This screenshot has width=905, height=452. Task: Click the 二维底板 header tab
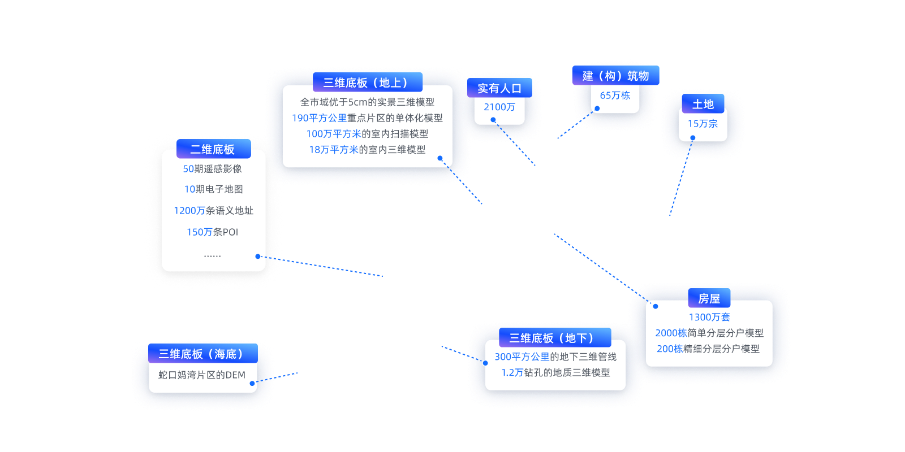coord(213,149)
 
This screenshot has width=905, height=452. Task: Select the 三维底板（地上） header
coord(368,82)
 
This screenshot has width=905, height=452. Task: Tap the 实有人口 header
coord(499,88)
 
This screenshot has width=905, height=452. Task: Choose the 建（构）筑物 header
coord(616,76)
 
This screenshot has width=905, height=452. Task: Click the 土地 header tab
coord(703,104)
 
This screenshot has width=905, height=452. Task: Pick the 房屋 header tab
coord(709,298)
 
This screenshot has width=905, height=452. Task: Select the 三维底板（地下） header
coord(555,337)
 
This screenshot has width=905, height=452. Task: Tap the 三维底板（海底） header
coord(203,354)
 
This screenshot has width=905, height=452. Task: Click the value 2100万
coord(499,107)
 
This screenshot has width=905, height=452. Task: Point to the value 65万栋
coord(615,95)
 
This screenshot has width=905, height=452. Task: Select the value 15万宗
coord(703,124)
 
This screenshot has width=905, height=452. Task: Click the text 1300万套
coord(709,317)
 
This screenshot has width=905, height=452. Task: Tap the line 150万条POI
coord(213,232)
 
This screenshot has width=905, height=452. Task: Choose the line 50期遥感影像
coord(213,169)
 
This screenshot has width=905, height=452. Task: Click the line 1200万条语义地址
coord(213,211)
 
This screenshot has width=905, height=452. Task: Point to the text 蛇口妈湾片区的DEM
coord(202,375)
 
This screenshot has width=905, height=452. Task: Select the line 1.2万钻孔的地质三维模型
coord(555,372)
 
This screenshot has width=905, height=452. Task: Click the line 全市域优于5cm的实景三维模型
coord(367,102)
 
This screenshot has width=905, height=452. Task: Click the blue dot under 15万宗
coord(692,138)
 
